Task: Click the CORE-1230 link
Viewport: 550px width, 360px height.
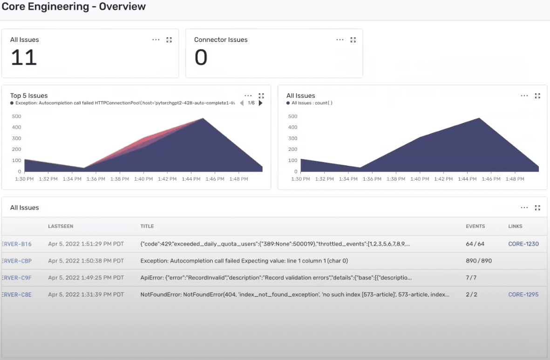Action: pyautogui.click(x=523, y=244)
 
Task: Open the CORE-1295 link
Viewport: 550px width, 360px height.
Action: pyautogui.click(x=523, y=294)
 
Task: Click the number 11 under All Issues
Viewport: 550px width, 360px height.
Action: pyautogui.click(x=24, y=58)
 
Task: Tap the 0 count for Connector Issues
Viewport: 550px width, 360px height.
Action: pyautogui.click(x=201, y=58)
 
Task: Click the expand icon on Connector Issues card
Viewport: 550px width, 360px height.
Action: pyautogui.click(x=353, y=40)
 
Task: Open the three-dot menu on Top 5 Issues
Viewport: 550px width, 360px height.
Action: pyautogui.click(x=248, y=95)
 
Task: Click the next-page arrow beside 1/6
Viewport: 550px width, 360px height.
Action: pyautogui.click(x=260, y=103)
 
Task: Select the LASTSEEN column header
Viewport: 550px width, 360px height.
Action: pyautogui.click(x=61, y=226)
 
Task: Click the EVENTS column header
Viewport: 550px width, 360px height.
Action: pyautogui.click(x=475, y=226)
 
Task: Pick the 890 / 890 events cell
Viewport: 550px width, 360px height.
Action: pyautogui.click(x=478, y=261)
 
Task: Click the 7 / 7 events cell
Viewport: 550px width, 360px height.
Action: pyautogui.click(x=471, y=278)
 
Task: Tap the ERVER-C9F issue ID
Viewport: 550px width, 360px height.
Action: pyautogui.click(x=17, y=278)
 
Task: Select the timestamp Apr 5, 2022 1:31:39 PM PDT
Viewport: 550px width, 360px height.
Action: pyautogui.click(x=86, y=294)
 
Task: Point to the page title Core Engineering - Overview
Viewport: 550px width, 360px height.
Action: pyautogui.click(x=74, y=7)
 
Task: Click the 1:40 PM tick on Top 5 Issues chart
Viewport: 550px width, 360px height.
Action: pyautogui.click(x=143, y=179)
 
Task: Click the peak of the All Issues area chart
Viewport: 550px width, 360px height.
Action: pyautogui.click(x=479, y=118)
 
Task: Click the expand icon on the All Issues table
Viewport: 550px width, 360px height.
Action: pyautogui.click(x=537, y=208)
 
